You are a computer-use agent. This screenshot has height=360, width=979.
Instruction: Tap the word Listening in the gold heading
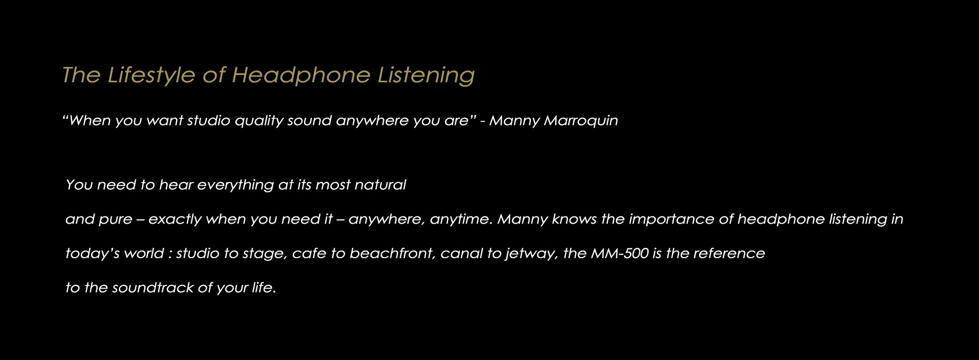(426, 75)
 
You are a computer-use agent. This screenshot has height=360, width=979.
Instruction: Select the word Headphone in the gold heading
(301, 75)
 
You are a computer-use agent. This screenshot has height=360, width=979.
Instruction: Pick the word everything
(236, 185)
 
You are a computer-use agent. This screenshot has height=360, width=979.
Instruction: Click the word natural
(380, 185)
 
